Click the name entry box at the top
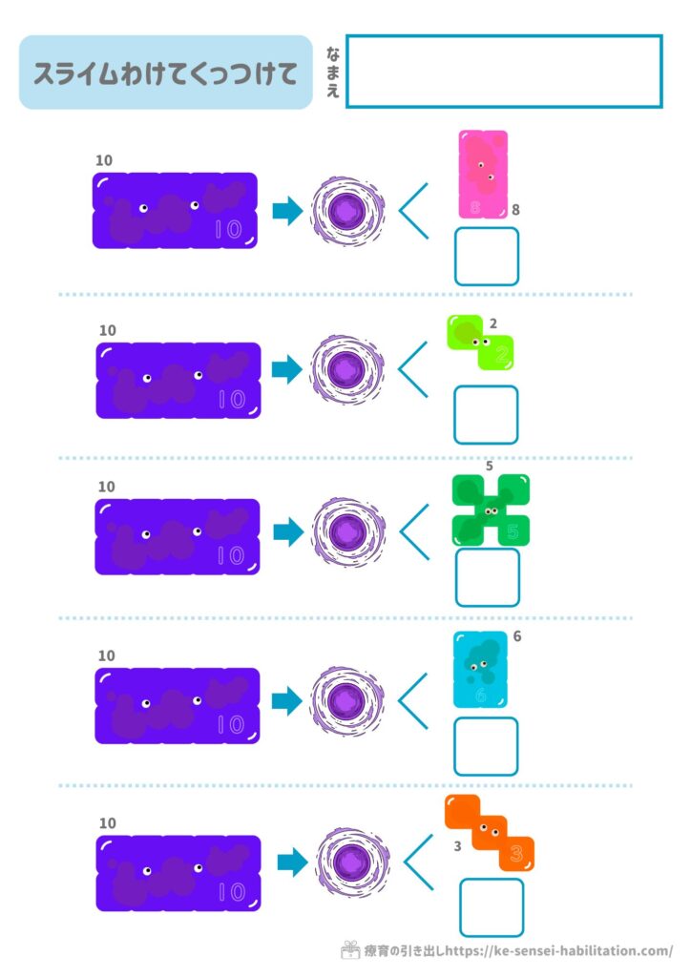tap(504, 71)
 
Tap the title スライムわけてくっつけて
tap(166, 73)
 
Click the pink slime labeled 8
tap(483, 175)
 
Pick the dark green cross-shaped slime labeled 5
tap(491, 510)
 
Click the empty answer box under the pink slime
tap(487, 256)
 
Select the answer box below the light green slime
tap(486, 415)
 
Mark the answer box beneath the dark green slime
tap(487, 577)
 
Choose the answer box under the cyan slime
tap(486, 745)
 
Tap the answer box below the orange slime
tap(492, 907)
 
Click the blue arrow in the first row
tap(286, 211)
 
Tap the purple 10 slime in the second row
tap(178, 380)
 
